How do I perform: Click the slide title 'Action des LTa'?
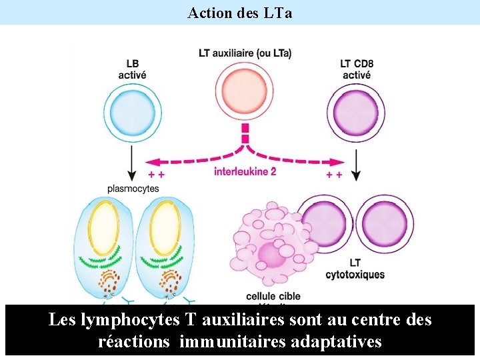pos(240,13)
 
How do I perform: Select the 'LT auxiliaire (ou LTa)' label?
pos(245,53)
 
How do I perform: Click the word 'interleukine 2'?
pos(245,171)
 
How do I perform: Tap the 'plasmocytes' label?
pos(133,189)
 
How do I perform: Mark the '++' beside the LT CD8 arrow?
pos(334,175)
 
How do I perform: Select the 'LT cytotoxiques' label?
pos(355,269)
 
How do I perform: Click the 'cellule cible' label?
pos(273,296)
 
